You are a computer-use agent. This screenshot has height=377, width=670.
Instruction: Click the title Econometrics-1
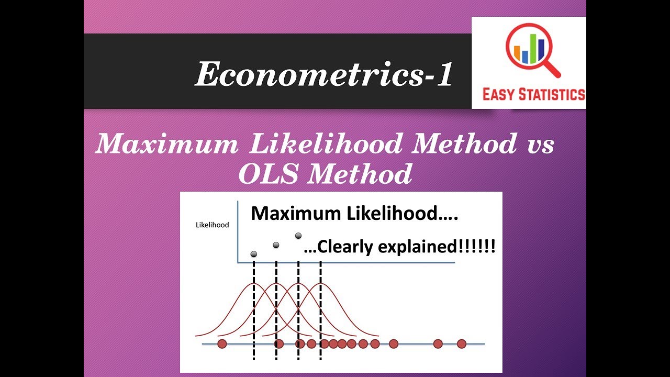(x=324, y=74)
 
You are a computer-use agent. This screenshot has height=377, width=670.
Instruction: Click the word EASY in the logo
(x=499, y=94)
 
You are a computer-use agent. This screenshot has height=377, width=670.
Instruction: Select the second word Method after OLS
(x=360, y=173)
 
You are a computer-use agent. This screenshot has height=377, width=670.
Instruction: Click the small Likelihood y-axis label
(x=212, y=225)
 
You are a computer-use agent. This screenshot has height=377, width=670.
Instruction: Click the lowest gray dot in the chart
(x=254, y=254)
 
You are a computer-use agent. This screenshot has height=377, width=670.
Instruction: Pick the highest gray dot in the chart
(x=298, y=236)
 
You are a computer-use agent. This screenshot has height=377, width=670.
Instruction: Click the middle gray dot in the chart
(x=276, y=245)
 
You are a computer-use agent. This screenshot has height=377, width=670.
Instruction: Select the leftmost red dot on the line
(x=222, y=344)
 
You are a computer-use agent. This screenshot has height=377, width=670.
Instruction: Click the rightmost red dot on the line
(x=461, y=344)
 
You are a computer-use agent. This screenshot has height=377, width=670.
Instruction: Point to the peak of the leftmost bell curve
(x=254, y=284)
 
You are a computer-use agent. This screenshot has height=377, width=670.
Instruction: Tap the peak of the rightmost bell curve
(x=320, y=284)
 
